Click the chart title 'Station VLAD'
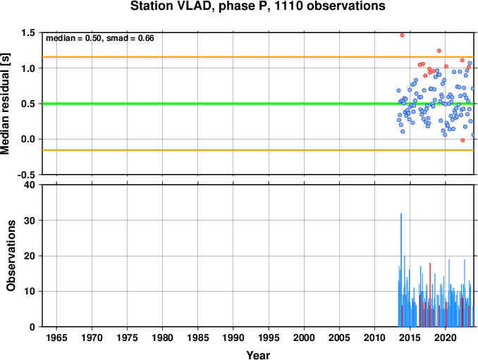tap(170, 6)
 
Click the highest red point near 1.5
tap(402, 35)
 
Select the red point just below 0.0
tap(462, 140)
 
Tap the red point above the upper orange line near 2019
tap(439, 51)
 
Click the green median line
tap(258, 104)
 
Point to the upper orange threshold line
tap(258, 57)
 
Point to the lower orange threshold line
tap(258, 150)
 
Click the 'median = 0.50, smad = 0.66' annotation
tap(100, 38)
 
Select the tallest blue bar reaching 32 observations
tap(401, 270)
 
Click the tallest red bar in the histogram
tap(430, 294)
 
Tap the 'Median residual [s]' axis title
tap(5, 104)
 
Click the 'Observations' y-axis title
tap(11, 255)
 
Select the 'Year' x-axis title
tap(258, 355)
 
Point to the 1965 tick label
tap(56, 337)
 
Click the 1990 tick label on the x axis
tap(233, 337)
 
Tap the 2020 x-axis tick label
tap(446, 337)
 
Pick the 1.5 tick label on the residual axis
tap(28, 32)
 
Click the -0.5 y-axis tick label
tap(26, 175)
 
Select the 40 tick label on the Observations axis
tap(30, 185)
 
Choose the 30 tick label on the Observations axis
tap(30, 221)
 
